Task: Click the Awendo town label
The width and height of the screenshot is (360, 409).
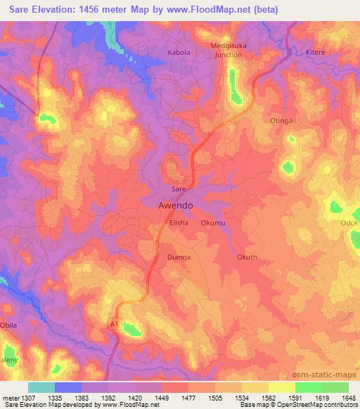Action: (179, 206)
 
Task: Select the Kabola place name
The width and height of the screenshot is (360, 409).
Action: (179, 53)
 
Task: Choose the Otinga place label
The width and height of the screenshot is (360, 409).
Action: (281, 120)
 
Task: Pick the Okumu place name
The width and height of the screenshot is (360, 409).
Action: (212, 223)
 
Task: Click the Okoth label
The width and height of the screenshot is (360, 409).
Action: (246, 257)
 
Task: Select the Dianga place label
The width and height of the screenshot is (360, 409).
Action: (179, 257)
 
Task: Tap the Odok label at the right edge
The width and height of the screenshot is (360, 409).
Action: (349, 223)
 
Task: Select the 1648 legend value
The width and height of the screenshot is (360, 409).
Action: (348, 397)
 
